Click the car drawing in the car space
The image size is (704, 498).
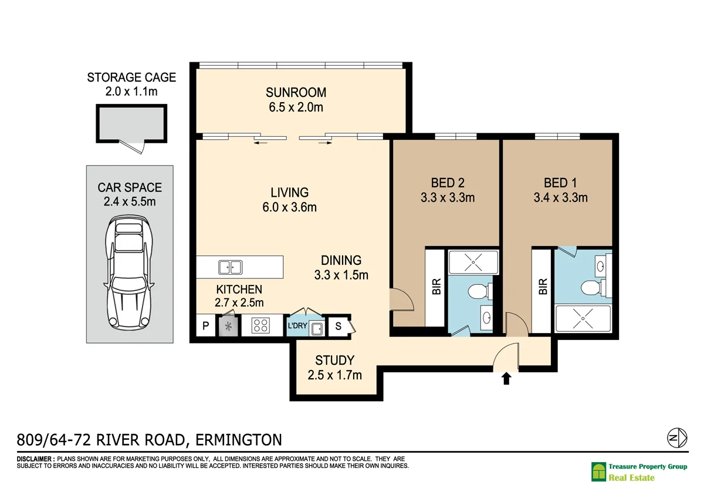click(129, 272)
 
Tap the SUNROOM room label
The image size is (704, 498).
click(296, 92)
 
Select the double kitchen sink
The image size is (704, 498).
click(231, 267)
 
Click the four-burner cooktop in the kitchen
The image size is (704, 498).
click(260, 325)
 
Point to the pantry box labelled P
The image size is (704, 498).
click(205, 325)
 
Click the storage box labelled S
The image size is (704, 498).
click(338, 326)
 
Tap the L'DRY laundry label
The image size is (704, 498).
click(297, 325)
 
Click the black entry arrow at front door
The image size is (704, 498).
click(506, 378)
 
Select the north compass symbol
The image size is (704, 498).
click(677, 438)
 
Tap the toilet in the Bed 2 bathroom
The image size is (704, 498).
click(480, 291)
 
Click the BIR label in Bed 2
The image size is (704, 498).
click(436, 287)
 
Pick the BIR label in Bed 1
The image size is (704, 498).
click(543, 287)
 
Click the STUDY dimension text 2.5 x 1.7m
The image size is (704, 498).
click(335, 375)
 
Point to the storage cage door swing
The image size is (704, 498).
click(132, 147)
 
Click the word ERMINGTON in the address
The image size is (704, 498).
click(239, 440)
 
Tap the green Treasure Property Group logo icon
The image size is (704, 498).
click(598, 472)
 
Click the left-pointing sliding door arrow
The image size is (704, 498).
click(260, 143)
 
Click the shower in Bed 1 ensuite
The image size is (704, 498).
click(583, 318)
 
